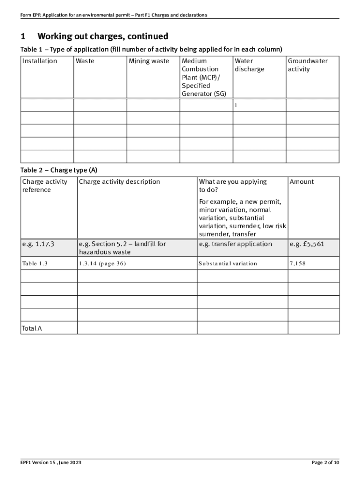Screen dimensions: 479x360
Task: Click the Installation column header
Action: [x=40, y=61]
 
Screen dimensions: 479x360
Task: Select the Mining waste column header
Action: [x=149, y=61]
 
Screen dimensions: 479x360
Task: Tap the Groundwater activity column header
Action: [x=308, y=65]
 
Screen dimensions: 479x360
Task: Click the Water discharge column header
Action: [x=249, y=65]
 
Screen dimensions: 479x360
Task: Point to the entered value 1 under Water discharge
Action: [x=236, y=105]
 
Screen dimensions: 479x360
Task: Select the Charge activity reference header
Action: [x=44, y=186]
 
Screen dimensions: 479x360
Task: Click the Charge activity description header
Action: [x=119, y=181]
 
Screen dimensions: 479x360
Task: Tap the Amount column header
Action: [x=302, y=181]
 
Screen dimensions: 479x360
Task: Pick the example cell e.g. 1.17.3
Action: [x=38, y=244]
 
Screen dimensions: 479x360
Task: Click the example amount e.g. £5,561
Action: [x=307, y=244]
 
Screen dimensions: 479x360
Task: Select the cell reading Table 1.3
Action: [x=35, y=263]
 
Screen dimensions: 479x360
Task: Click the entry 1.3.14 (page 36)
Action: [x=102, y=263]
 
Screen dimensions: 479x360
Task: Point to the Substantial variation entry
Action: [x=228, y=263]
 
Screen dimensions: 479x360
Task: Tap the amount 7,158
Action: [x=297, y=263]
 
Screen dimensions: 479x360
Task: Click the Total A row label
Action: [x=32, y=328]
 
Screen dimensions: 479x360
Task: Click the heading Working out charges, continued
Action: [x=102, y=36]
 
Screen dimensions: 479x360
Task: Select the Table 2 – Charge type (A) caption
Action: [x=59, y=170]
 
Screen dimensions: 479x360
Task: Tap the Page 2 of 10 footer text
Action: [x=325, y=463]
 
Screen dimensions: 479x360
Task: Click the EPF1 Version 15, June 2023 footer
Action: [x=51, y=463]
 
